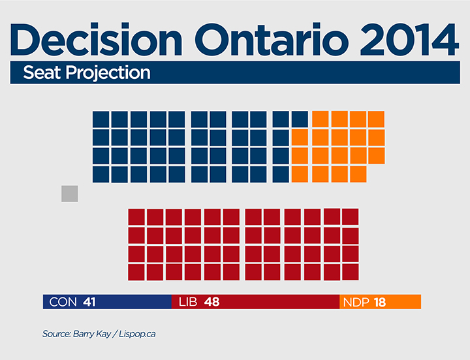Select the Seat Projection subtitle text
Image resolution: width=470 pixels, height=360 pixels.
click(x=87, y=72)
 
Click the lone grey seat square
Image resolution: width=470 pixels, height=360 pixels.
click(x=70, y=194)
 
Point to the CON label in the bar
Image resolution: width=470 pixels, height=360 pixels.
click(x=63, y=302)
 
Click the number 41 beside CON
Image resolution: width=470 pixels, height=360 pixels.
click(x=90, y=302)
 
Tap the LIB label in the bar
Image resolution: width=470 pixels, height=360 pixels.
click(x=187, y=302)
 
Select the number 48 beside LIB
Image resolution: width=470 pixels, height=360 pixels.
click(x=211, y=302)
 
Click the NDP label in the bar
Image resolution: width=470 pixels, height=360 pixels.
click(x=356, y=302)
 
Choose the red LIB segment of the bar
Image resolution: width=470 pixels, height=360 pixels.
click(x=281, y=302)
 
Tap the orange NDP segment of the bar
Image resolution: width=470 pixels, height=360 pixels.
click(x=405, y=302)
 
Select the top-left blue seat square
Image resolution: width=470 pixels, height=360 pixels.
click(x=101, y=119)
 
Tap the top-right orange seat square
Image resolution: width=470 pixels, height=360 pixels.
click(x=376, y=119)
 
